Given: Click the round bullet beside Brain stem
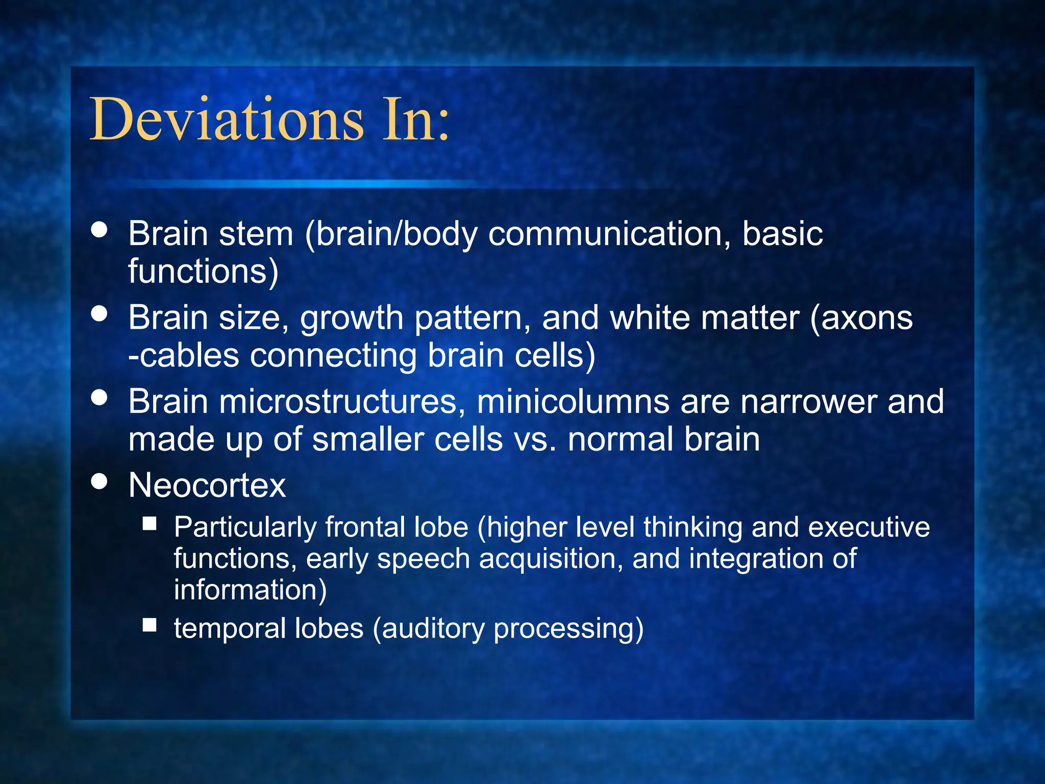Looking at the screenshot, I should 99,229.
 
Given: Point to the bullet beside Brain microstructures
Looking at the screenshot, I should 99,397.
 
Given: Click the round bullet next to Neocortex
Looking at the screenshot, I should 99,481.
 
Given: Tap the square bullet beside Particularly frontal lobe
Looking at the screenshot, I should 150,523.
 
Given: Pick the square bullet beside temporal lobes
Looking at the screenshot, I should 150,625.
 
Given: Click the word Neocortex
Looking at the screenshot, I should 207,485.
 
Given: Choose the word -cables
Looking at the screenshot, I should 184,356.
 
